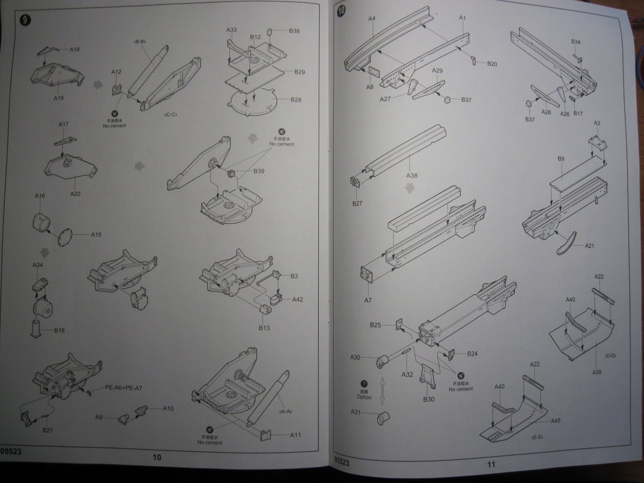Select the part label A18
(x=74, y=49)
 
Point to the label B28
(x=296, y=100)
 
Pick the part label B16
(x=59, y=331)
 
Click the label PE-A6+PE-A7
(x=123, y=388)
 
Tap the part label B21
(x=48, y=430)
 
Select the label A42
(x=297, y=299)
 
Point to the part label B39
(x=259, y=171)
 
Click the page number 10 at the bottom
(x=157, y=457)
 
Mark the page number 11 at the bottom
(x=491, y=464)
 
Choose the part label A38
(x=412, y=176)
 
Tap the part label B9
(x=561, y=158)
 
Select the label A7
(x=368, y=300)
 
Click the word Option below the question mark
(x=364, y=397)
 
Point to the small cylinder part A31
(x=385, y=417)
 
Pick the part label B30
(x=429, y=399)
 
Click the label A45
(x=555, y=421)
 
